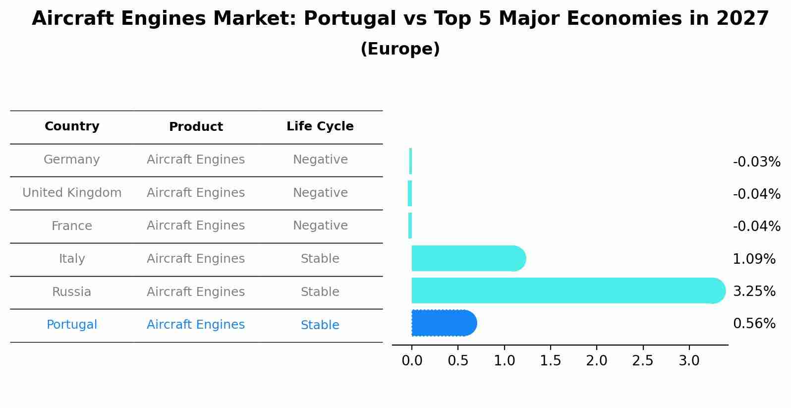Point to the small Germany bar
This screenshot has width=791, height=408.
click(x=410, y=161)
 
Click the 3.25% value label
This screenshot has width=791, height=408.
click(x=754, y=291)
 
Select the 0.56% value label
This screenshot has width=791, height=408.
click(x=754, y=324)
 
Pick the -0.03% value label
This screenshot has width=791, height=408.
click(x=756, y=162)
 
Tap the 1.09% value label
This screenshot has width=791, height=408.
click(x=754, y=259)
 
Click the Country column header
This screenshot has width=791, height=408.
click(x=72, y=126)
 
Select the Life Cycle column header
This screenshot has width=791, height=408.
click(x=320, y=126)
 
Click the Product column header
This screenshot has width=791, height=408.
click(x=196, y=127)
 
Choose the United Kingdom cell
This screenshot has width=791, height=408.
click(x=72, y=193)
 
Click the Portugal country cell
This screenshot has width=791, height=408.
click(x=72, y=325)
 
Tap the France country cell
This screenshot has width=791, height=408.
click(x=72, y=226)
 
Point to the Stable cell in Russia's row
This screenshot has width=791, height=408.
click(x=320, y=292)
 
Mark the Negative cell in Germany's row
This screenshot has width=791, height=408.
click(x=320, y=160)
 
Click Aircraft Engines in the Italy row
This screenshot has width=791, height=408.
click(x=196, y=259)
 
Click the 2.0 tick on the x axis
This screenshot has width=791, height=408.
click(x=596, y=361)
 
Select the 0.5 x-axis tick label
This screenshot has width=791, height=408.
click(x=458, y=361)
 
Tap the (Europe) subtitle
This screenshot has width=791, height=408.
click(x=400, y=49)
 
